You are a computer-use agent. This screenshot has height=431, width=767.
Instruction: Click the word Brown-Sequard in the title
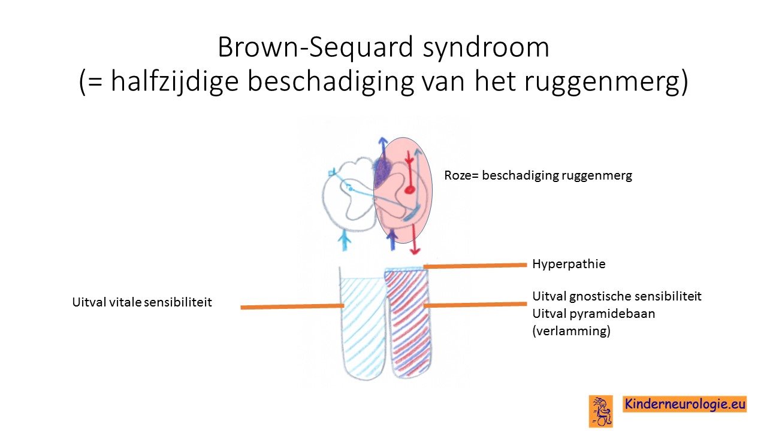click(x=315, y=47)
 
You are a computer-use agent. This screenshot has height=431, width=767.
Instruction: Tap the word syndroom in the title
click(x=486, y=48)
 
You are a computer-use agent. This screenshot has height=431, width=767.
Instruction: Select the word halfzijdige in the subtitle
click(x=174, y=82)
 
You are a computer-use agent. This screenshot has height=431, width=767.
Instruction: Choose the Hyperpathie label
click(x=569, y=265)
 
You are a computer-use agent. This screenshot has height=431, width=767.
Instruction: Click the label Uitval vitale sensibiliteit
click(x=142, y=302)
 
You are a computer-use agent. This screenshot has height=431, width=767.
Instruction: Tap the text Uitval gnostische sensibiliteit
click(x=617, y=296)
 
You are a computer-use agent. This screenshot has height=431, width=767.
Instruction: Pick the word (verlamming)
click(x=571, y=331)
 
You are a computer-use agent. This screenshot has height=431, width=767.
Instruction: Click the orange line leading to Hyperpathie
click(x=475, y=266)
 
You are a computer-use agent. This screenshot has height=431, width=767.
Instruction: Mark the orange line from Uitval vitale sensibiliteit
click(x=292, y=306)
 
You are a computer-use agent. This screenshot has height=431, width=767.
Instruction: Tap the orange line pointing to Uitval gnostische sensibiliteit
click(x=475, y=305)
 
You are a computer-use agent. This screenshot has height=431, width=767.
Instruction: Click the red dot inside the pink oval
click(x=409, y=190)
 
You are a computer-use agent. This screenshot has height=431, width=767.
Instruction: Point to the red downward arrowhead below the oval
click(x=415, y=251)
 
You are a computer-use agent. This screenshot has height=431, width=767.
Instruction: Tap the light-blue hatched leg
click(x=363, y=325)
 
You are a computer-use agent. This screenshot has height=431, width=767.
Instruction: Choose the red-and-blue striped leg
click(x=408, y=323)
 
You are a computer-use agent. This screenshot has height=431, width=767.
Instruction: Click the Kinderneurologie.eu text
click(x=685, y=404)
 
